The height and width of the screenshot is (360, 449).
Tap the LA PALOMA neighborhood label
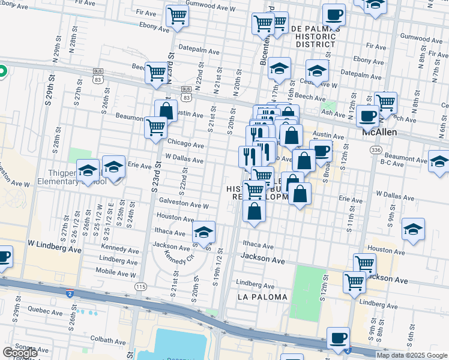(262, 297)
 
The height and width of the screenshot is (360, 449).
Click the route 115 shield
(141, 287)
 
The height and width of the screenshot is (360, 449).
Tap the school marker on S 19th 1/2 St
(204, 231)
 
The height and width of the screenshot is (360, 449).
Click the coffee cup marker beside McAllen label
(367, 116)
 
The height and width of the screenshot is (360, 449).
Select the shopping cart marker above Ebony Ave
(177, 16)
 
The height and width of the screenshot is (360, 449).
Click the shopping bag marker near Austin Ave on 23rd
(166, 111)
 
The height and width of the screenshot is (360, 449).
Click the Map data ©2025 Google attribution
(411, 355)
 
